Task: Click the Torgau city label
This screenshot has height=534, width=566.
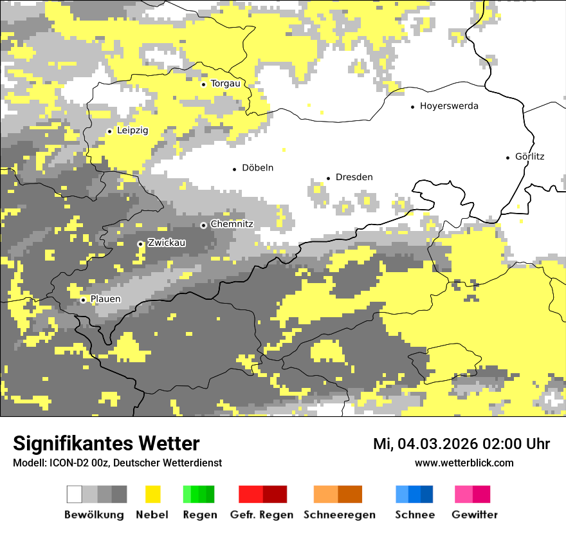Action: pyautogui.click(x=225, y=84)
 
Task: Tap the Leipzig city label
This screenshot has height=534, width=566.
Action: pyautogui.click(x=132, y=131)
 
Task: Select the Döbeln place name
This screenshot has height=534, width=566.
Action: pyautogui.click(x=257, y=168)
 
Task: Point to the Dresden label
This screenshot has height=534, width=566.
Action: pyautogui.click(x=354, y=177)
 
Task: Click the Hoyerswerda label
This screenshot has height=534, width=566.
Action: pyautogui.click(x=449, y=106)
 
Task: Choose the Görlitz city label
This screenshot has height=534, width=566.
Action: pyautogui.click(x=529, y=156)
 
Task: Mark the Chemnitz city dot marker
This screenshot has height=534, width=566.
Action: pyautogui.click(x=204, y=225)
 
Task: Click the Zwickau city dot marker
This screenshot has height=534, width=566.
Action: pyautogui.click(x=140, y=244)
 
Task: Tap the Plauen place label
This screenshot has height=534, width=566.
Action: pyautogui.click(x=105, y=299)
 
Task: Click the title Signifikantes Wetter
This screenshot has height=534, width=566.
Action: pyautogui.click(x=106, y=444)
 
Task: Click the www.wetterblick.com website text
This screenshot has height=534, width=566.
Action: pyautogui.click(x=464, y=463)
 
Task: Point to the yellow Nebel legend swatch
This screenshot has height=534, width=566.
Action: pyautogui.click(x=152, y=494)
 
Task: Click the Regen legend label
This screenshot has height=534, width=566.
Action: pyautogui.click(x=199, y=515)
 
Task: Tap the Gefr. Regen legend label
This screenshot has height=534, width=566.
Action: pyautogui.click(x=262, y=515)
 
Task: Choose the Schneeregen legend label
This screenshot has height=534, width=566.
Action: pyautogui.click(x=339, y=515)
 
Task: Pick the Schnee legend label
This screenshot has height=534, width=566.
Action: pyautogui.click(x=414, y=515)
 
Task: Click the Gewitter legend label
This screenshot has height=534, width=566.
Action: pyautogui.click(x=475, y=515)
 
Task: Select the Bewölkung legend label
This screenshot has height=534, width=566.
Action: pyautogui.click(x=94, y=515)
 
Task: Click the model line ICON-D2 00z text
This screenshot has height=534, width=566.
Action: pyautogui.click(x=117, y=463)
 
